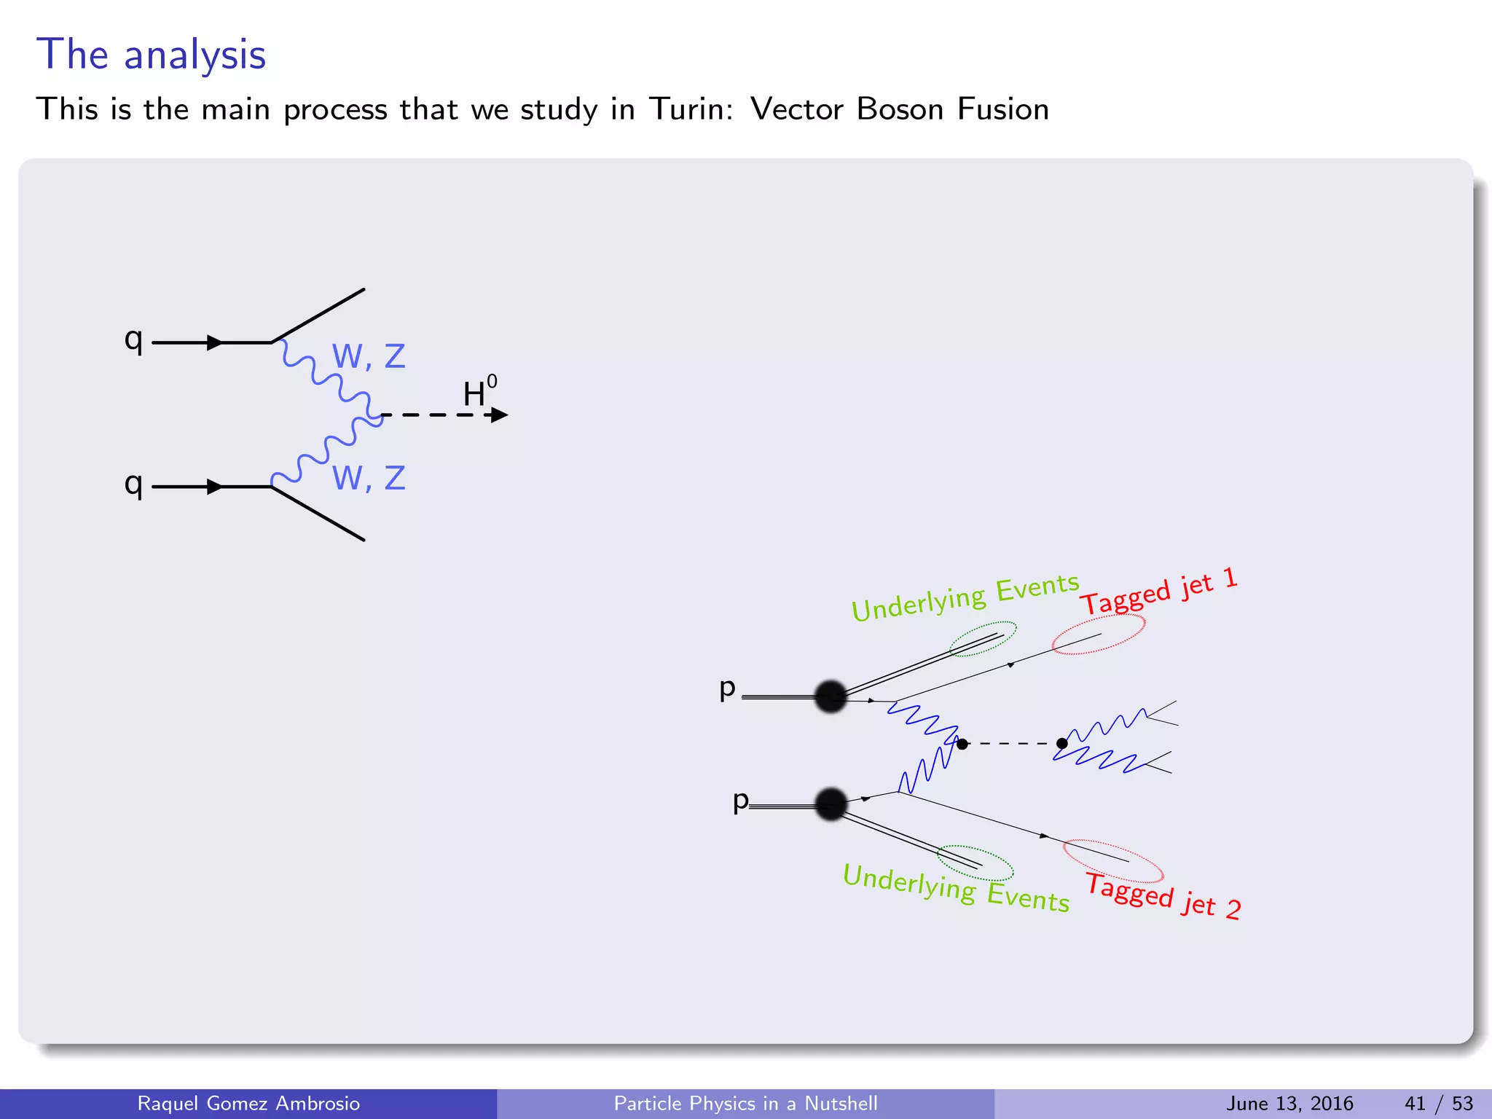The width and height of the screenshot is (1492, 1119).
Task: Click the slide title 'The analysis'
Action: [151, 55]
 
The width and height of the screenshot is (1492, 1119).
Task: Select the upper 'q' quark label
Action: [133, 339]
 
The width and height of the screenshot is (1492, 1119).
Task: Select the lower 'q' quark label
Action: [133, 484]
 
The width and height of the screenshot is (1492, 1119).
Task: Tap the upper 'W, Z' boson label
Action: [368, 356]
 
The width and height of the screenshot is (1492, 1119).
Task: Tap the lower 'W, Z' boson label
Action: [368, 479]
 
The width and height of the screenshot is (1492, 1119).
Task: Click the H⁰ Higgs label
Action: [479, 392]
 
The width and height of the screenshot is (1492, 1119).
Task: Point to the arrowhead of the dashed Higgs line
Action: [500, 415]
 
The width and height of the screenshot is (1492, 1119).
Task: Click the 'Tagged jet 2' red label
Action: [1163, 897]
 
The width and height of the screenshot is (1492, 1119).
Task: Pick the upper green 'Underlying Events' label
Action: [965, 597]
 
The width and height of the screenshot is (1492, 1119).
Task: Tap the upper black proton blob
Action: [831, 696]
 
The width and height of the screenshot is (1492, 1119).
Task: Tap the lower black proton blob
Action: [831, 804]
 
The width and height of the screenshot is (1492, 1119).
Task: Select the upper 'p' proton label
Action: [727, 688]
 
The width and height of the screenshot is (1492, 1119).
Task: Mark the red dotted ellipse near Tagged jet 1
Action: [1099, 634]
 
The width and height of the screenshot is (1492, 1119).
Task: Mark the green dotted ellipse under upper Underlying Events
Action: [983, 639]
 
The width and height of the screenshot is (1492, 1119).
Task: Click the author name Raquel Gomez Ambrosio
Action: [248, 1104]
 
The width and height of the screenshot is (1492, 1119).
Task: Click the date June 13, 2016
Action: [1289, 1104]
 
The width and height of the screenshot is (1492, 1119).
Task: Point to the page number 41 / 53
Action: [1439, 1104]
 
